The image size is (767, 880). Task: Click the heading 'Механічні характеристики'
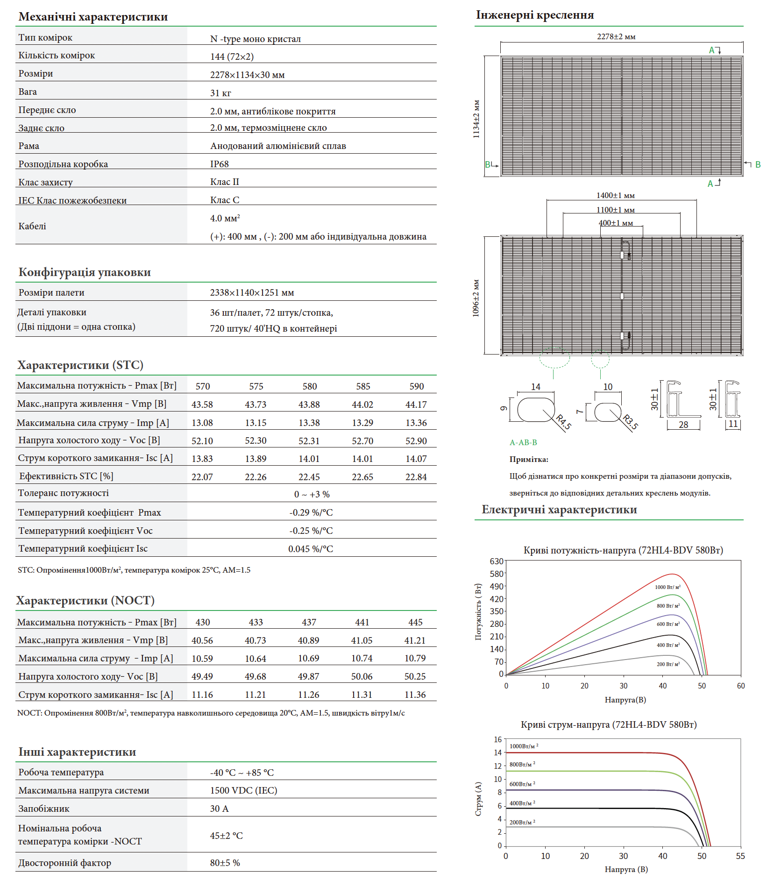(x=93, y=17)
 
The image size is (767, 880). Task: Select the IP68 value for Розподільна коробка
(x=219, y=164)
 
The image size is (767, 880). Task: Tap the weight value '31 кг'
(x=220, y=93)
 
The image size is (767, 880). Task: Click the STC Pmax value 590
(x=416, y=386)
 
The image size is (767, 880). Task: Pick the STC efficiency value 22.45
(x=309, y=477)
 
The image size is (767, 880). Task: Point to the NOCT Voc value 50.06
(x=362, y=676)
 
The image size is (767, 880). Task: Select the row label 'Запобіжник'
(x=44, y=809)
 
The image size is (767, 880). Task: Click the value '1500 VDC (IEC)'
(x=243, y=790)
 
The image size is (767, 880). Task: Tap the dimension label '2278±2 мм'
(x=616, y=36)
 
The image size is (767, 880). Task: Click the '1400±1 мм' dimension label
(x=615, y=195)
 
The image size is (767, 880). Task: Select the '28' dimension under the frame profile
(x=683, y=425)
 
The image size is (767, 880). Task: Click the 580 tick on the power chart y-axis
(x=497, y=574)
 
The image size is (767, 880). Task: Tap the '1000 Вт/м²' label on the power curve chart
(x=668, y=587)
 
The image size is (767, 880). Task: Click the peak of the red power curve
(x=672, y=574)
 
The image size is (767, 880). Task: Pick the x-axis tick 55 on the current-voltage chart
(x=740, y=856)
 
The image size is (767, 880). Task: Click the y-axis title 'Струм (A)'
(x=478, y=799)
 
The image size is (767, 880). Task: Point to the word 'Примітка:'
(x=529, y=459)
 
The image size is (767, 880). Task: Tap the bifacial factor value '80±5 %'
(x=225, y=863)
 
